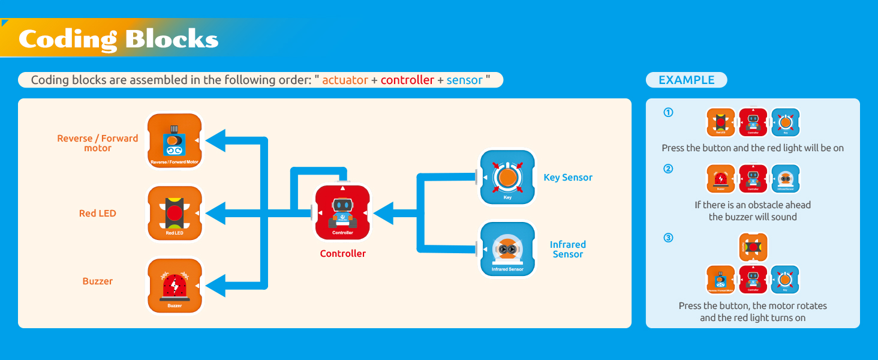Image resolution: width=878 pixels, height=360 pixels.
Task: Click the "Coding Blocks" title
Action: pyautogui.click(x=118, y=39)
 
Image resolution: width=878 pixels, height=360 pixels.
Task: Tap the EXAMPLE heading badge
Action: pyautogui.click(x=686, y=80)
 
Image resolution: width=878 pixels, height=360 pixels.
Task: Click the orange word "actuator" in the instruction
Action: pyautogui.click(x=345, y=80)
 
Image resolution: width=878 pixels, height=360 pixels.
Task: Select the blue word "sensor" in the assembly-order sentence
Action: pyautogui.click(x=464, y=80)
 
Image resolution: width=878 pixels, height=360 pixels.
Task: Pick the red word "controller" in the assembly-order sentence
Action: pyautogui.click(x=407, y=80)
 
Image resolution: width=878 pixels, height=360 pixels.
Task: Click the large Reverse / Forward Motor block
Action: pyautogui.click(x=175, y=141)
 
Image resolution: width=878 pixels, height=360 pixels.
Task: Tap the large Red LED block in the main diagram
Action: pyautogui.click(x=175, y=213)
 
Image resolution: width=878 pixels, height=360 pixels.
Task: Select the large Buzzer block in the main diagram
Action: pyautogui.click(x=175, y=286)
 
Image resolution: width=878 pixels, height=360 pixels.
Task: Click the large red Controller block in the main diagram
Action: pyautogui.click(x=342, y=212)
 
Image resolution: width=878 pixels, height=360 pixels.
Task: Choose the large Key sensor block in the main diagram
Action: pyautogui.click(x=507, y=177)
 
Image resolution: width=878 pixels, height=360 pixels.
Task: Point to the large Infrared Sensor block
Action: pyautogui.click(x=507, y=249)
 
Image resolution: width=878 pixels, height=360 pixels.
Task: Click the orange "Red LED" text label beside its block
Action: pyautogui.click(x=97, y=213)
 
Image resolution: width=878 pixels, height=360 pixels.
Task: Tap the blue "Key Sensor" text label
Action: pyautogui.click(x=567, y=177)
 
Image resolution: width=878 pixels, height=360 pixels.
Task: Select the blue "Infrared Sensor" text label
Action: pyautogui.click(x=567, y=249)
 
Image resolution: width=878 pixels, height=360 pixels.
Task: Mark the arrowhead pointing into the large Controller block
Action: pyautogui.click(x=383, y=212)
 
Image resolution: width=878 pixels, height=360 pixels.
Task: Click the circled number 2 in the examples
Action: pyautogui.click(x=668, y=169)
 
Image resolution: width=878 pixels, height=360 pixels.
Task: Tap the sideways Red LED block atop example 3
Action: pyautogui.click(x=753, y=247)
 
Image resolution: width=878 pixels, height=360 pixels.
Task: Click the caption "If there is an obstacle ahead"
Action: pyautogui.click(x=753, y=205)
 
